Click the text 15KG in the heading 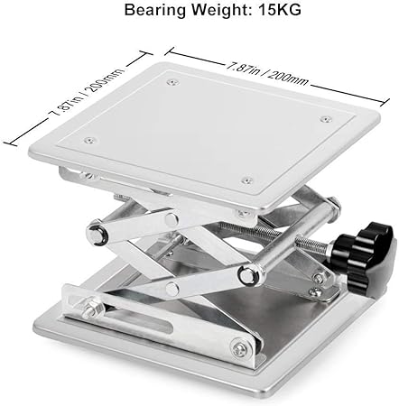tap(280, 10)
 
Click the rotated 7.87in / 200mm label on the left tap(87, 93)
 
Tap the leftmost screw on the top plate tap(90, 140)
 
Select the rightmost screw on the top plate tap(325, 119)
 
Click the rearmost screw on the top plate tap(172, 81)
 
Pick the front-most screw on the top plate tap(247, 180)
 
